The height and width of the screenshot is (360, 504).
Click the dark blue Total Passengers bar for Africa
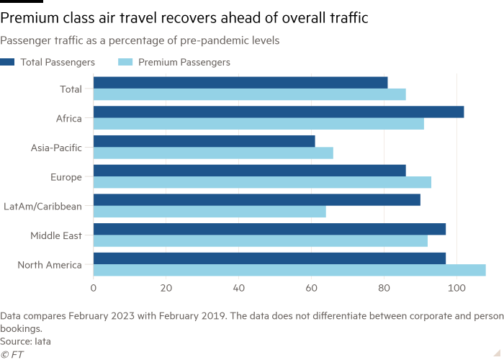tap(279, 112)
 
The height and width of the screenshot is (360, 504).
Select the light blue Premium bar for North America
tap(289, 270)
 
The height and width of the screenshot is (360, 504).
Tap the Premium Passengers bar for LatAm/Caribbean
tap(210, 212)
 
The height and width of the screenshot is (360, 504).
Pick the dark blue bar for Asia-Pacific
tap(204, 141)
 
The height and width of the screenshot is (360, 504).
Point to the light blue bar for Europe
tap(262, 182)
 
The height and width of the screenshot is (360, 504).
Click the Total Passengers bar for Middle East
tap(270, 229)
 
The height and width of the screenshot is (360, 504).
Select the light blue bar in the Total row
tap(250, 94)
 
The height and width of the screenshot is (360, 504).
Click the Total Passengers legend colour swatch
tap(7, 62)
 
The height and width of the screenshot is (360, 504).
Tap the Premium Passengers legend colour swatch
tap(125, 62)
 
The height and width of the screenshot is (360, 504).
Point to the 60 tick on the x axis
tap(312, 288)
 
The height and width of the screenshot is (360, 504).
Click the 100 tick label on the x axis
tap(456, 288)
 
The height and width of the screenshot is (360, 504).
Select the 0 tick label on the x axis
tap(93, 288)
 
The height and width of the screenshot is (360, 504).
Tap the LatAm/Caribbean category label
tap(42, 207)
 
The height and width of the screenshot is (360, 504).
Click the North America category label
tap(50, 265)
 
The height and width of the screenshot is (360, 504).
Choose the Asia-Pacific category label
tap(56, 148)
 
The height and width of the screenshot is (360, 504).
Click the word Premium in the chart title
tap(29, 18)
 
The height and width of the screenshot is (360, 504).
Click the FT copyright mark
tap(12, 354)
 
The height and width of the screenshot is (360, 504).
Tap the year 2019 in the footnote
tap(213, 316)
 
